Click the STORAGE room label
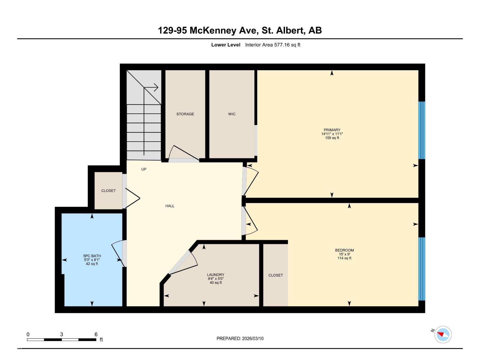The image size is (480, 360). (185, 114)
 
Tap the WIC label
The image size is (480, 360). (232, 114)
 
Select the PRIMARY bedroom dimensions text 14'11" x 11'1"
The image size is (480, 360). (332, 134)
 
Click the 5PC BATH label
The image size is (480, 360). (92, 256)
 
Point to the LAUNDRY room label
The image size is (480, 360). (215, 275)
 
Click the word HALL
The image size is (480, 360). (170, 206)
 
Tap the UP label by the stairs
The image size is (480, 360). (144, 169)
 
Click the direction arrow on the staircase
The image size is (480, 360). (155, 88)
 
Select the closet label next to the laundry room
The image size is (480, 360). (275, 275)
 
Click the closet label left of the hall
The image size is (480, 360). (108, 191)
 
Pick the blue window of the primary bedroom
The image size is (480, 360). (421, 130)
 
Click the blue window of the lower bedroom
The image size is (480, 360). (421, 269)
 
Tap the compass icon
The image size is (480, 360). (443, 334)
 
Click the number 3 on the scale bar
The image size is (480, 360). (61, 334)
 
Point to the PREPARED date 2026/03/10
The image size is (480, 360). (240, 338)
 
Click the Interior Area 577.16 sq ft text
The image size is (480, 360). (272, 45)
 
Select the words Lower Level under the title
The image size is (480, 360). (226, 45)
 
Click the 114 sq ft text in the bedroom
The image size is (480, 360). (344, 258)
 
